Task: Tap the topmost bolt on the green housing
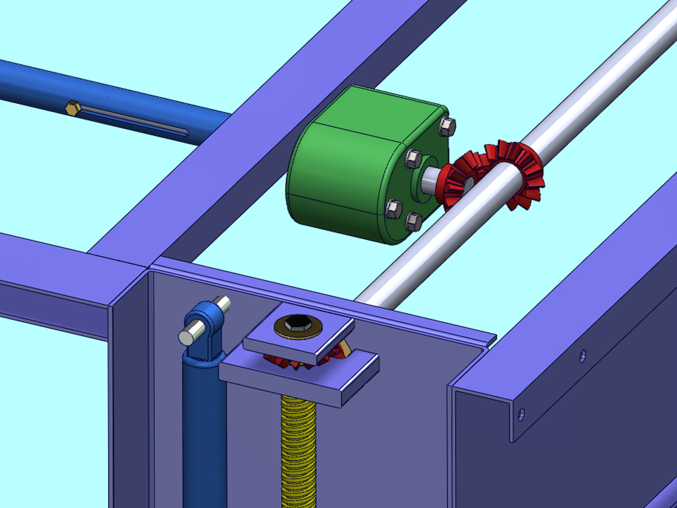pos(446,128)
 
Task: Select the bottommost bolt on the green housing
pos(413,222)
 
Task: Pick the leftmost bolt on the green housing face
pos(393,209)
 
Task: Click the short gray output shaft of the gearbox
pos(430,181)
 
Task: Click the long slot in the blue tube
pos(135,122)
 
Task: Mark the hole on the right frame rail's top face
pos(583,356)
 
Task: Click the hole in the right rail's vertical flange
pos(521,414)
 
